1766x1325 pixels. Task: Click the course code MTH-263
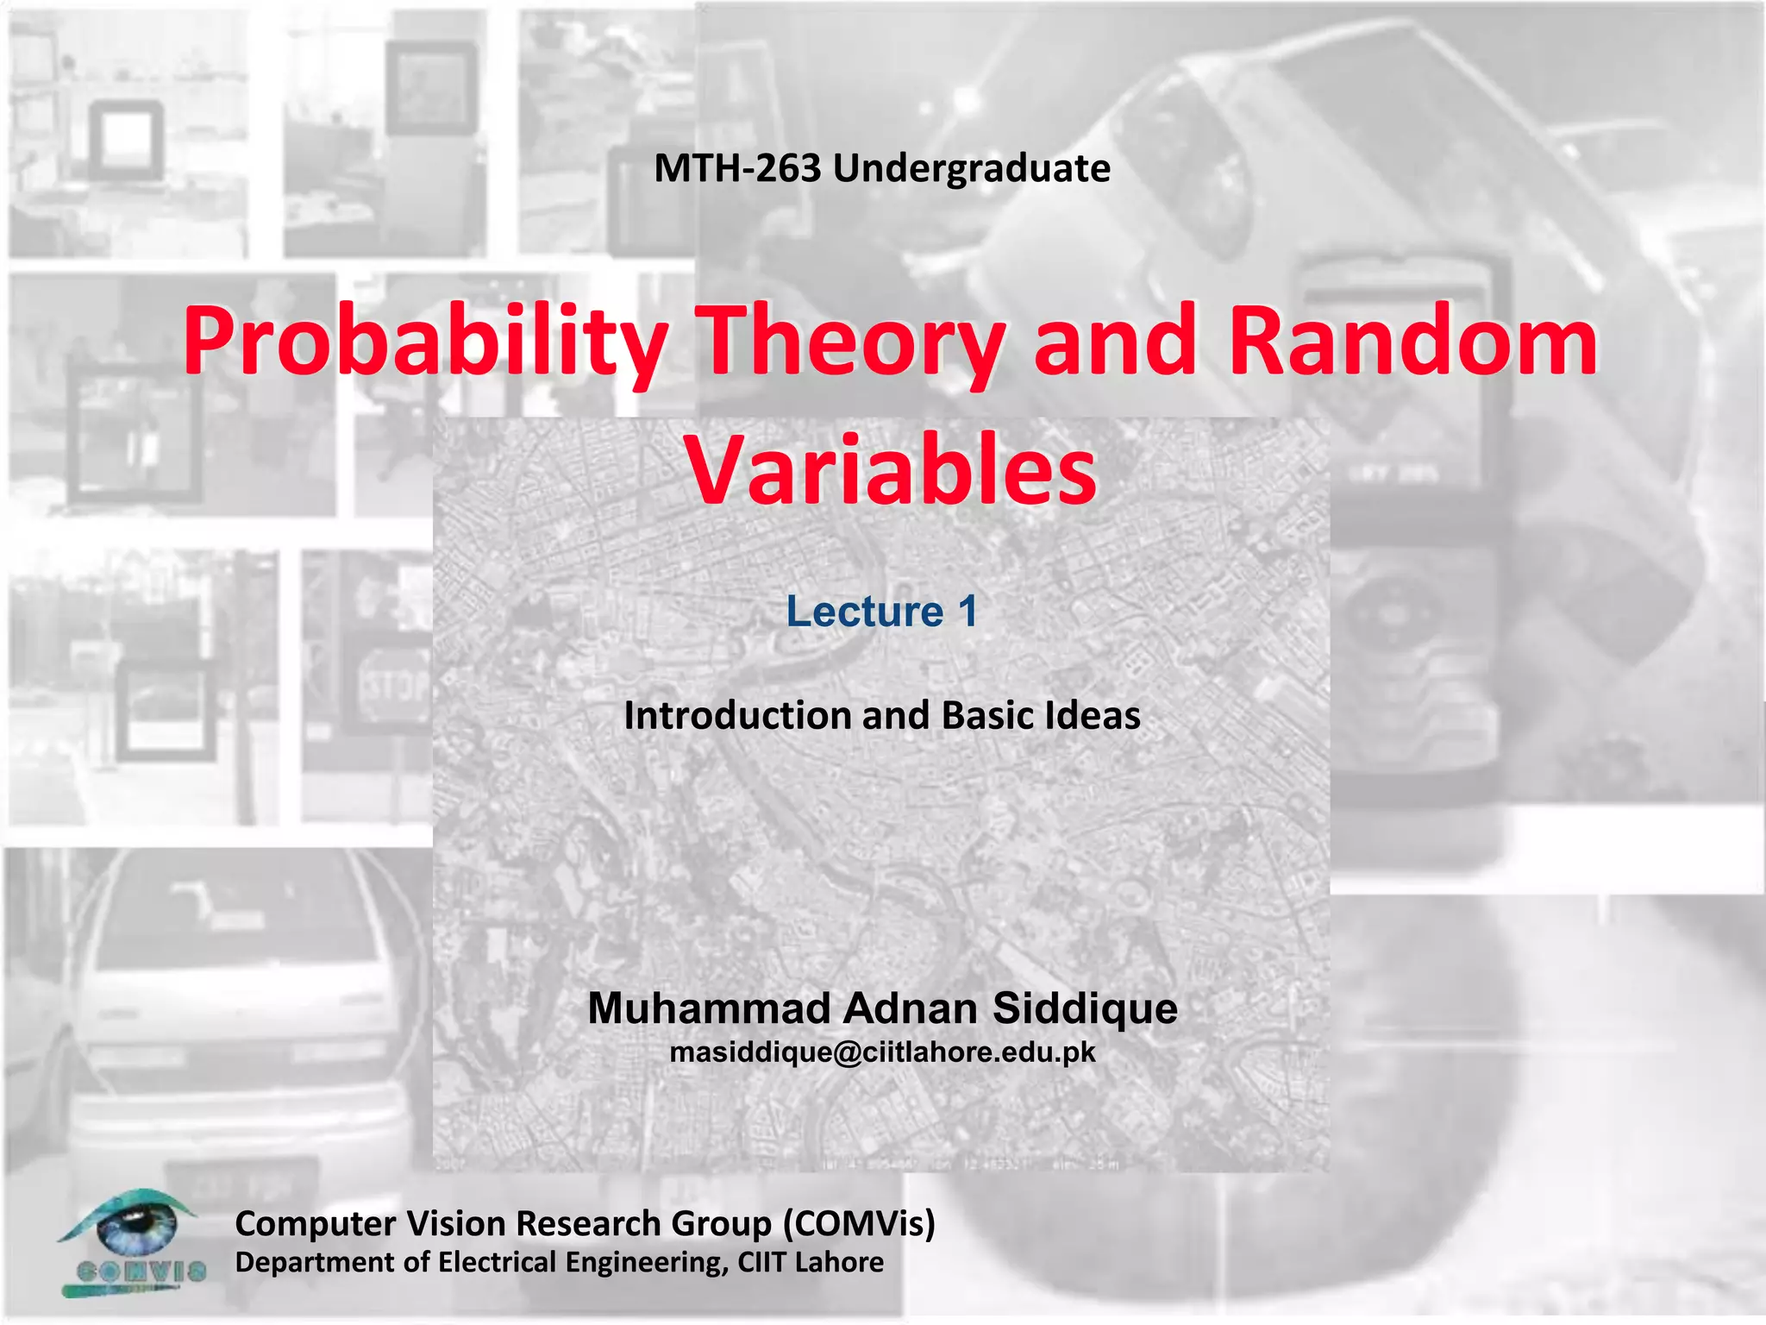pyautogui.click(x=738, y=168)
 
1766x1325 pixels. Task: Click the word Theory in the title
pyautogui.click(x=850, y=342)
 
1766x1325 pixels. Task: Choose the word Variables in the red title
pyautogui.click(x=891, y=471)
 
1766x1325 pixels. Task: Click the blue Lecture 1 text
pyautogui.click(x=881, y=612)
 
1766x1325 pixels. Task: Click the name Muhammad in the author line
pyautogui.click(x=709, y=1008)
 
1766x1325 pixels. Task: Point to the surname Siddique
pyautogui.click(x=1085, y=1008)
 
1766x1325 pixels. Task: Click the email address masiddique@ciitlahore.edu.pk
pyautogui.click(x=882, y=1052)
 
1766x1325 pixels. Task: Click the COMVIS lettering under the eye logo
pyautogui.click(x=141, y=1271)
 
